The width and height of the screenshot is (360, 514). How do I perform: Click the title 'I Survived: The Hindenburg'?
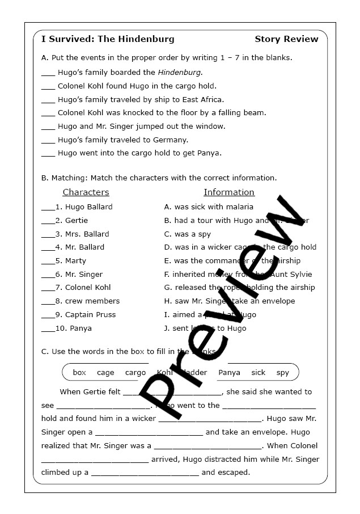(108, 39)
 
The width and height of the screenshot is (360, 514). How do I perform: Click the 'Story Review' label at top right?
(286, 39)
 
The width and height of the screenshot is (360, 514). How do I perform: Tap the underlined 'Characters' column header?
(86, 192)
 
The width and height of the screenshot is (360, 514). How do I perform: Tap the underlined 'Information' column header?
(229, 192)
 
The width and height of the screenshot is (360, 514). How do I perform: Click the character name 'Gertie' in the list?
(77, 221)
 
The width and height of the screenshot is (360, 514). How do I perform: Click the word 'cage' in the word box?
(105, 373)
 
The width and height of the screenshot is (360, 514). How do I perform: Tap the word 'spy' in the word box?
(282, 373)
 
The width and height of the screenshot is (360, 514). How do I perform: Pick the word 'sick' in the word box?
(258, 373)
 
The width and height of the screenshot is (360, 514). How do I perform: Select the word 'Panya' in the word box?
(229, 373)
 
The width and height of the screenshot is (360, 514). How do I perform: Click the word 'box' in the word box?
(79, 373)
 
